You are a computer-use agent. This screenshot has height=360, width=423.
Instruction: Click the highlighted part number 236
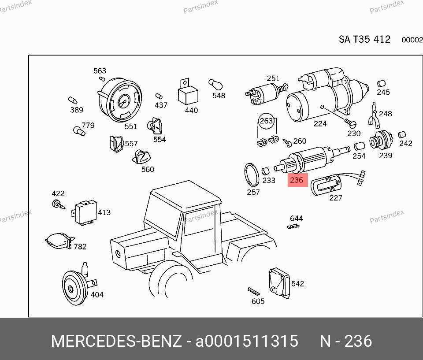click(297, 180)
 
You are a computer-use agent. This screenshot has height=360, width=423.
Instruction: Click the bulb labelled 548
click(215, 84)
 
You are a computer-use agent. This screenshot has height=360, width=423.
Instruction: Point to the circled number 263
click(266, 121)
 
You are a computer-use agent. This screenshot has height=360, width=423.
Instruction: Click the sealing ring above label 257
click(252, 174)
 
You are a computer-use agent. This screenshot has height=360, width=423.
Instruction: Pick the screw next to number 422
click(58, 204)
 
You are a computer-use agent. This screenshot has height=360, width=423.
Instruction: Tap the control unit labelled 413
click(85, 212)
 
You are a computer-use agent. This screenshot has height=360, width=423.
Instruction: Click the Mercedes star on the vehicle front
click(118, 254)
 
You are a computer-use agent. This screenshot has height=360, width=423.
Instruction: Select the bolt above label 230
click(350, 123)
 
